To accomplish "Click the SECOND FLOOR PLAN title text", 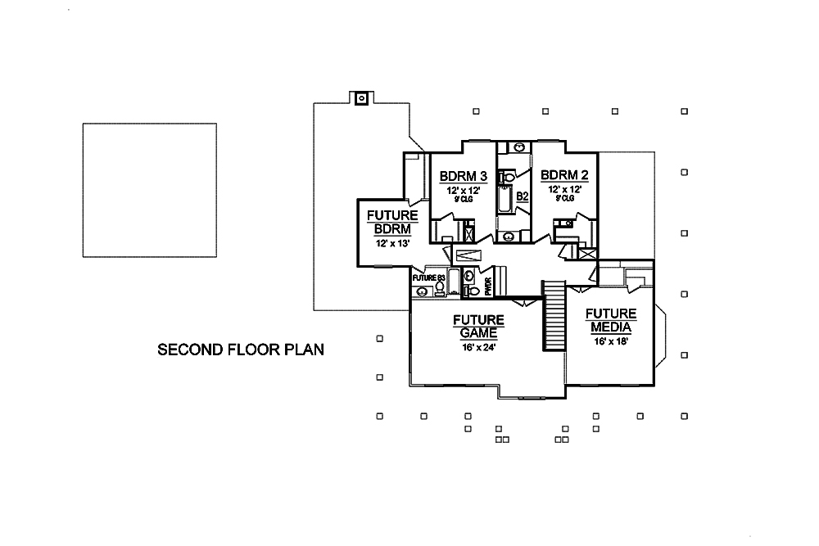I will point(241,350).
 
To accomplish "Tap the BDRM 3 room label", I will point(464,176).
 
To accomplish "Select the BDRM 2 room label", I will point(564,176).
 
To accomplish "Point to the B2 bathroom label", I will point(523,196).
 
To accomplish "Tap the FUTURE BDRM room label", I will point(392,222).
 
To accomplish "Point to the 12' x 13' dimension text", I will point(392,243).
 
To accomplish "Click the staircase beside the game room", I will point(554,315).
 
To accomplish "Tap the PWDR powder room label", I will point(488,286).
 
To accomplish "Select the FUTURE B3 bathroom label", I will point(428,278).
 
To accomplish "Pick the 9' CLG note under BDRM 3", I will point(464,198).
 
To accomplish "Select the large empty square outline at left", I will point(149,190).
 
